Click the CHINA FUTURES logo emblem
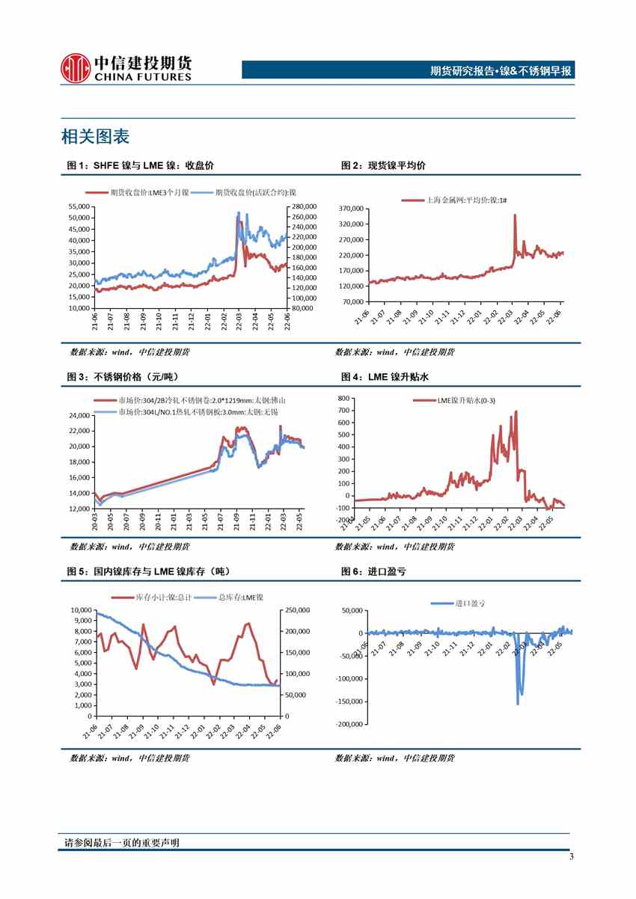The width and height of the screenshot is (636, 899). [x=75, y=68]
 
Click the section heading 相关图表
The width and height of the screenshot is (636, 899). [x=95, y=137]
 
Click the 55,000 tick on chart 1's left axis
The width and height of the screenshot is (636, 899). [x=78, y=206]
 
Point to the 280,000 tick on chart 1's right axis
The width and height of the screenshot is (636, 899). [x=304, y=206]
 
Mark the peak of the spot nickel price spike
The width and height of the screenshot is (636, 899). [x=515, y=215]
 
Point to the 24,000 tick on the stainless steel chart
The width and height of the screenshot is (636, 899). [x=78, y=415]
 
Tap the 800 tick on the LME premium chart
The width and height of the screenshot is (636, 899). [x=343, y=398]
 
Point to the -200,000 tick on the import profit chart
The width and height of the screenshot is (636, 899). [x=349, y=724]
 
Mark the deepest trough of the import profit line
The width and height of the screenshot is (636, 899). [x=518, y=703]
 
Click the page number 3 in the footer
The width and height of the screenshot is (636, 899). [x=572, y=857]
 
